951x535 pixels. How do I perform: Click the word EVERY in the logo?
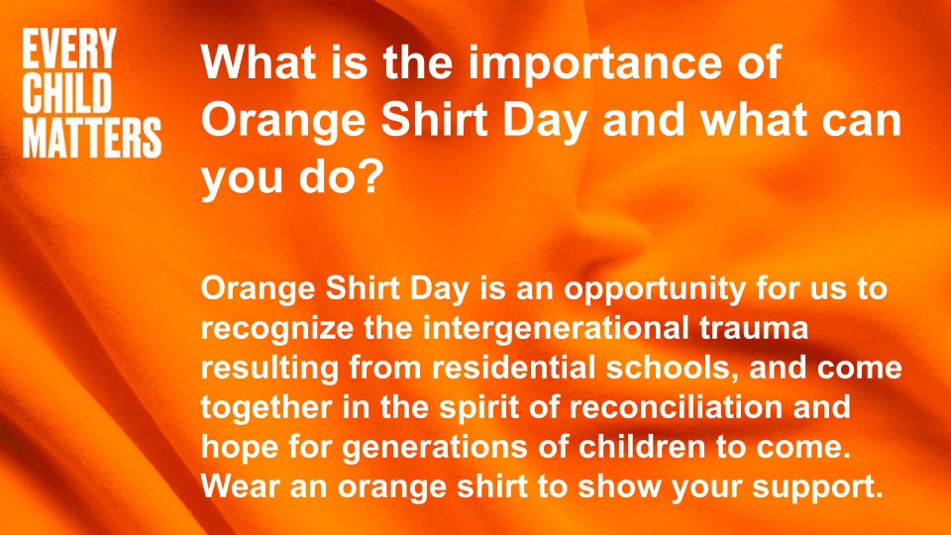(x=69, y=49)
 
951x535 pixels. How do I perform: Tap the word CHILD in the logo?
(x=67, y=93)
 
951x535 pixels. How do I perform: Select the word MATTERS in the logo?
(x=92, y=139)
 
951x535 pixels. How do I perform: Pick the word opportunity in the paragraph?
(x=655, y=288)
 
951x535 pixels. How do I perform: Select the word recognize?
(x=277, y=329)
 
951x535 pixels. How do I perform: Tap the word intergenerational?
(x=556, y=328)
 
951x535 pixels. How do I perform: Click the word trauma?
(x=754, y=328)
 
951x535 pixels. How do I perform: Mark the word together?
(x=266, y=407)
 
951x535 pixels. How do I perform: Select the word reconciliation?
(x=677, y=407)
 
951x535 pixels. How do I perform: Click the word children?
(x=642, y=447)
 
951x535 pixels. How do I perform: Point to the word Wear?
(x=240, y=486)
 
